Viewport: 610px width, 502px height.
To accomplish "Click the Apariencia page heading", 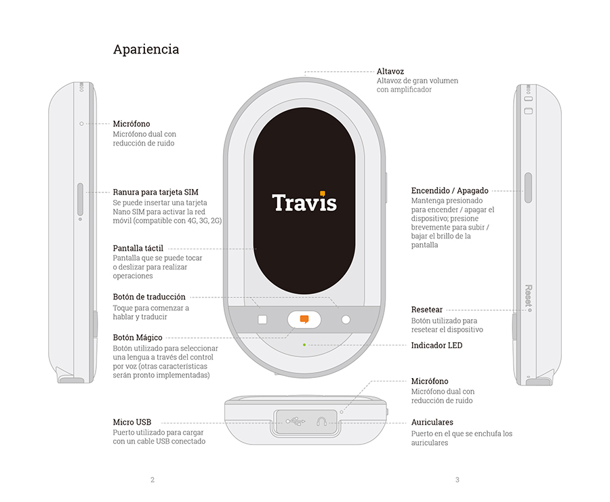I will coord(146,49).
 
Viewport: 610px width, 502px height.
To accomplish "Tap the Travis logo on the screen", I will coord(304,201).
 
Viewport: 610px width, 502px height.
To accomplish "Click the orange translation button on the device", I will coord(304,319).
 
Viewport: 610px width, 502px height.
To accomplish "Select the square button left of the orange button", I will coord(262,320).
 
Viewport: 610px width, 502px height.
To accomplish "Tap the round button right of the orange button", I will coord(346,320).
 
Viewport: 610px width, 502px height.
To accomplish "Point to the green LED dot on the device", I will coord(304,344).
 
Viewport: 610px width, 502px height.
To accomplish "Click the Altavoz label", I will coord(390,71).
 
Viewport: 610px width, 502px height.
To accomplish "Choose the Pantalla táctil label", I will coord(138,249).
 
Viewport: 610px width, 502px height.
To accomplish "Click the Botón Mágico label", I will coord(138,337).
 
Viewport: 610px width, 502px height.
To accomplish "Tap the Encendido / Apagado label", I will coord(449,191).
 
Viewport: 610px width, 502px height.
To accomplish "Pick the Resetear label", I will coord(427,310).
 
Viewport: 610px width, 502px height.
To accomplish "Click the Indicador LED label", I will coord(436,345).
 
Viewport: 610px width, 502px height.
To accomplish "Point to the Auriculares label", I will coord(432,422).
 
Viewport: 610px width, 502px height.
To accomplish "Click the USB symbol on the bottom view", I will coord(296,421).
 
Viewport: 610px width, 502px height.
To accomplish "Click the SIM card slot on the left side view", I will coord(81,198).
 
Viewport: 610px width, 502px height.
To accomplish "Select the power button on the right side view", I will coord(528,187).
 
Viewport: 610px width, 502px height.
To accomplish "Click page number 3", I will coord(457,480).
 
